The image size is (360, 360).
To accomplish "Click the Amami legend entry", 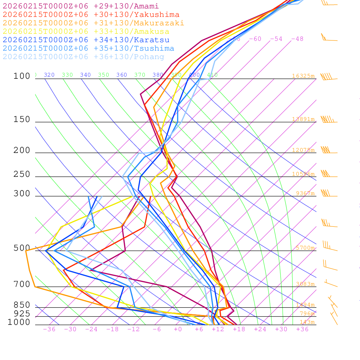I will (81, 6).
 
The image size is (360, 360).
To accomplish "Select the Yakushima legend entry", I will (91, 15).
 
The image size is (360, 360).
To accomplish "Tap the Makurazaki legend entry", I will (94, 23).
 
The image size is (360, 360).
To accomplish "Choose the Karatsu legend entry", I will (86, 40).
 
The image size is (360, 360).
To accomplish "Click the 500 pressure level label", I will (22, 248).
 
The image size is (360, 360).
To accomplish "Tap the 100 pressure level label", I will (22, 76).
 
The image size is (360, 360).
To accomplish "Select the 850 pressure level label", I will (22, 305).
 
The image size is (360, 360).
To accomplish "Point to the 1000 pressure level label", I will (19, 322).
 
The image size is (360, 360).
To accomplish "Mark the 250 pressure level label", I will (22, 174).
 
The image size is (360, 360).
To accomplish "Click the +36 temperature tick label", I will (302, 329).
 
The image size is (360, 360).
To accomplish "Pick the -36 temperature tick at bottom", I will (49, 329).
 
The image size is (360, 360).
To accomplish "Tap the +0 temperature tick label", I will (178, 329).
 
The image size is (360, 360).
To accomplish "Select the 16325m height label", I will (303, 76).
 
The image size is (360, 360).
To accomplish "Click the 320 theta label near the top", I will (49, 75).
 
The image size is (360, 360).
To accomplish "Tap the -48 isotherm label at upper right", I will (297, 39).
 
